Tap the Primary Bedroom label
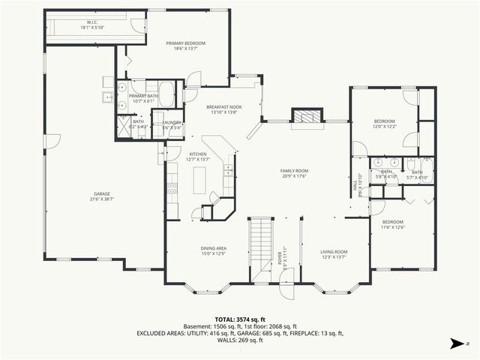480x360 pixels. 185,46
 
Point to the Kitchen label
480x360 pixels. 198,156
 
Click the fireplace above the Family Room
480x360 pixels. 305,116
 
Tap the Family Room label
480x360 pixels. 295,173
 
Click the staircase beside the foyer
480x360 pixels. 259,247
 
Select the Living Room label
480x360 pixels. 334,253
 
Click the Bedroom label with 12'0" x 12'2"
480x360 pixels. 385,124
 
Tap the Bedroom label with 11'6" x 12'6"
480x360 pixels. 393,225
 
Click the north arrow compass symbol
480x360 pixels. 455,344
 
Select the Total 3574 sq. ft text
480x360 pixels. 239,319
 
